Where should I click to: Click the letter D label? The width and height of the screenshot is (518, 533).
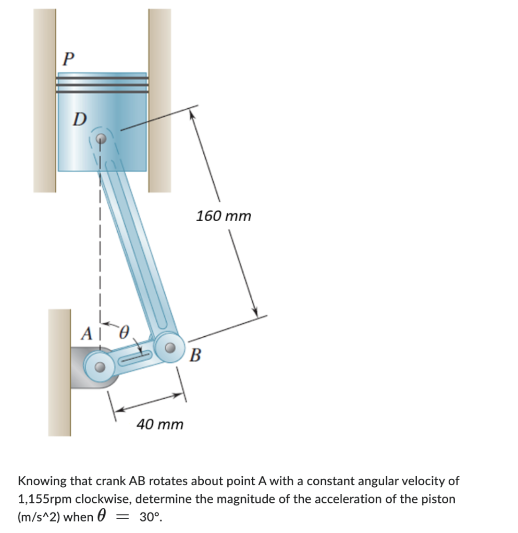click(79, 119)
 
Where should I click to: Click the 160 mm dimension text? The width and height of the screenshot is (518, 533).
click(224, 215)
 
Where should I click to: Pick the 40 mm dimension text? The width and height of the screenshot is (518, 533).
click(160, 424)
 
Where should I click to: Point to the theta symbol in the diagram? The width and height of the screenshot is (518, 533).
click(124, 331)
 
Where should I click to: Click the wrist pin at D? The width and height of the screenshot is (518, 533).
click(102, 139)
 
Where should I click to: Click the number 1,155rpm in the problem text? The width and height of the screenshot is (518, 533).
click(45, 499)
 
